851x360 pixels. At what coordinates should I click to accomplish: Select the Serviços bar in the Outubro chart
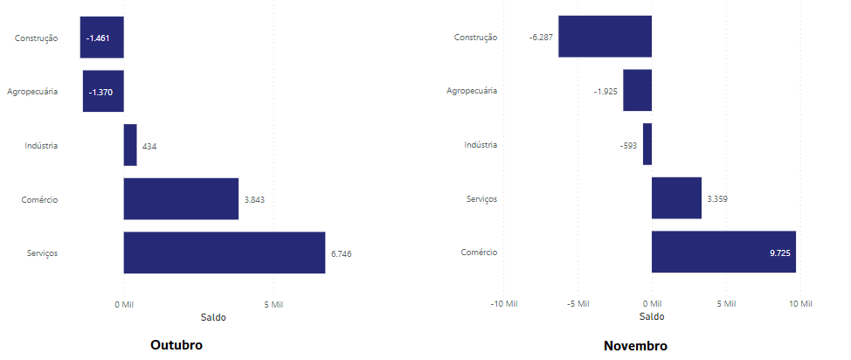(x=224, y=253)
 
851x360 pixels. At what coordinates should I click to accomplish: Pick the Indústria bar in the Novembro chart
(x=647, y=144)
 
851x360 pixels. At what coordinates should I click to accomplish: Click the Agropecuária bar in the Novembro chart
(x=637, y=91)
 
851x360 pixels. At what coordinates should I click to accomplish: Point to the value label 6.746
(x=341, y=253)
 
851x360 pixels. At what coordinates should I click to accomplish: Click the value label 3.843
(x=254, y=199)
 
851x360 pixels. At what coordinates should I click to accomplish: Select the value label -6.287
(x=541, y=38)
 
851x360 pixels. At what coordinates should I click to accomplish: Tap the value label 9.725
(x=780, y=253)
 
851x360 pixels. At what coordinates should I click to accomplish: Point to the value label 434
(x=149, y=146)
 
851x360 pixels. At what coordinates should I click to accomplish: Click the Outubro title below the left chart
(x=176, y=345)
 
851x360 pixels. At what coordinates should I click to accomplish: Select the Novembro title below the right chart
(x=635, y=346)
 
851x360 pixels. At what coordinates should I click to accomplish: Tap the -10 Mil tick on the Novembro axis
(x=503, y=304)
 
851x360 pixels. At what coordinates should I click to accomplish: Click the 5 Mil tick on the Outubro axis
(x=273, y=304)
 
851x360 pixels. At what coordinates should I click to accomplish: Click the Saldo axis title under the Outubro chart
(x=213, y=316)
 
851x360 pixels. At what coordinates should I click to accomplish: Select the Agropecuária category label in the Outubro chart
(x=32, y=92)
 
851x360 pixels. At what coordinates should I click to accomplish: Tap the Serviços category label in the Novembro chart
(x=481, y=199)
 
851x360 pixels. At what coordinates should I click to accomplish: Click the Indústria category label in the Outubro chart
(x=41, y=146)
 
